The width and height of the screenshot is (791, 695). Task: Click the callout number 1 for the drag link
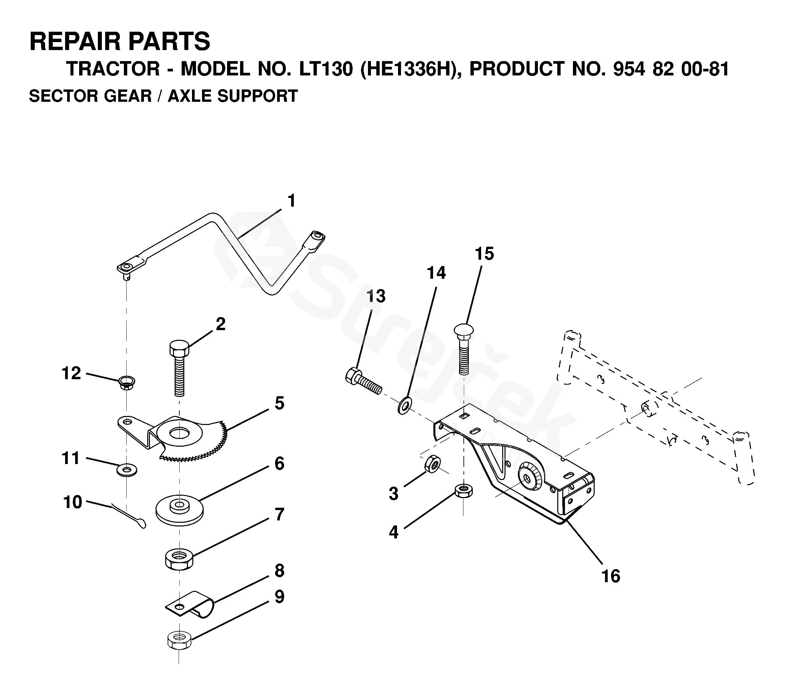291,201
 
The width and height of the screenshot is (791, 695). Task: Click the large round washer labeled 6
180,510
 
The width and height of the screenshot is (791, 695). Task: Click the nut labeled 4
463,491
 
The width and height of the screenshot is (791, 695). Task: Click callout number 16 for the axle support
611,576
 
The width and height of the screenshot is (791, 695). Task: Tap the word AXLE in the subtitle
190,96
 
